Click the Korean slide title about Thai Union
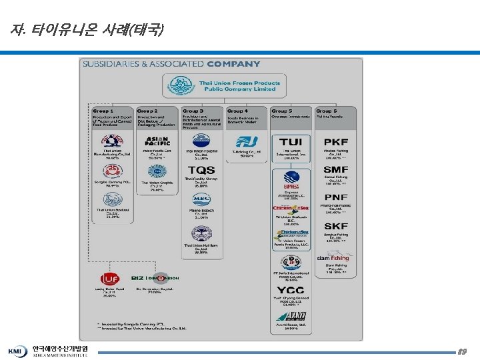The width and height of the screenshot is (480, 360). [87, 31]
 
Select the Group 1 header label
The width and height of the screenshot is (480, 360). [103, 111]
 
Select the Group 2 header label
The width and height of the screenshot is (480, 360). [147, 111]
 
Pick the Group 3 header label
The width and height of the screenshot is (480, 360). [193, 111]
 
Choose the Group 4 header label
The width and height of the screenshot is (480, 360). [237, 111]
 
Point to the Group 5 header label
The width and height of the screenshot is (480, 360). [282, 111]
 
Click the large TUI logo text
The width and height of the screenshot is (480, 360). [291, 142]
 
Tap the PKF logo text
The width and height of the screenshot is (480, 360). [335, 142]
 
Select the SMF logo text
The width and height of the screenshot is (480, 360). [335, 170]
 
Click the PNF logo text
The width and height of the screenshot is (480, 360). [335, 197]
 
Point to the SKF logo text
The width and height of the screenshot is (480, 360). [335, 226]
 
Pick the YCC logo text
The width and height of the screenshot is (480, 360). [291, 290]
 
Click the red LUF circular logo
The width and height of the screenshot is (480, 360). [110, 278]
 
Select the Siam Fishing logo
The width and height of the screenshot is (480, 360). [333, 257]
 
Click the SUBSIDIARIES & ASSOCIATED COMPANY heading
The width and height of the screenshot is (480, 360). [171, 64]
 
